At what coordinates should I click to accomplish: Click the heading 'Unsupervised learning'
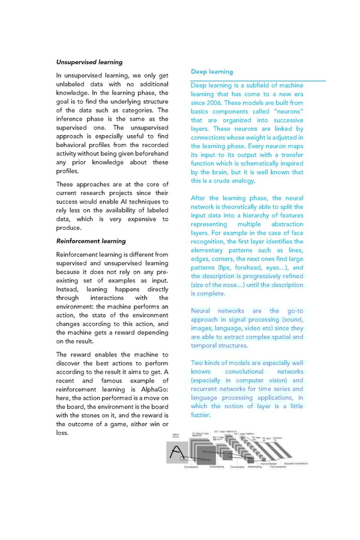point(89,62)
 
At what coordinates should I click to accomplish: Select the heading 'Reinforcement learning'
point(91,241)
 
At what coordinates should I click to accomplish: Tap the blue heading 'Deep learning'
point(212,71)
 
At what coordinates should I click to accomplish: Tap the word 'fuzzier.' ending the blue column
point(201,415)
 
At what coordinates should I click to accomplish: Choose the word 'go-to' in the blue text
point(295,311)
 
